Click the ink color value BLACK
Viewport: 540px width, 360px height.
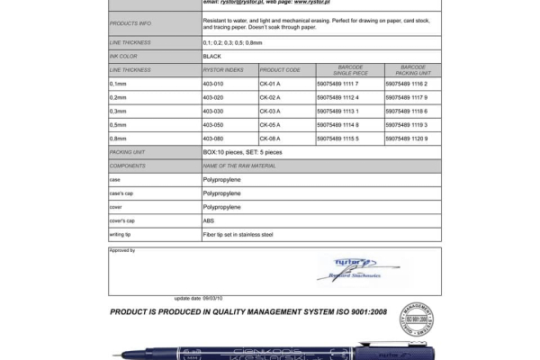tap(212, 56)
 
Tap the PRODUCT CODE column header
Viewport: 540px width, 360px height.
tap(279, 69)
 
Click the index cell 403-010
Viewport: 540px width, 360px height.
tap(212, 83)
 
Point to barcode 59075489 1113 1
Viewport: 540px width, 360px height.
tap(338, 111)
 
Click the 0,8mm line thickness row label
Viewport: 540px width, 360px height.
tap(118, 139)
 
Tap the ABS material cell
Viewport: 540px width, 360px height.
tap(209, 220)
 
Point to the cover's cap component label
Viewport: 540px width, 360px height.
tap(121, 220)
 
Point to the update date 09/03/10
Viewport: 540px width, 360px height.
tap(198, 298)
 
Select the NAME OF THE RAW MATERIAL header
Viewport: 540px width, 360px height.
tap(239, 166)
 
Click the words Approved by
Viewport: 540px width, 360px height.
tap(122, 250)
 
